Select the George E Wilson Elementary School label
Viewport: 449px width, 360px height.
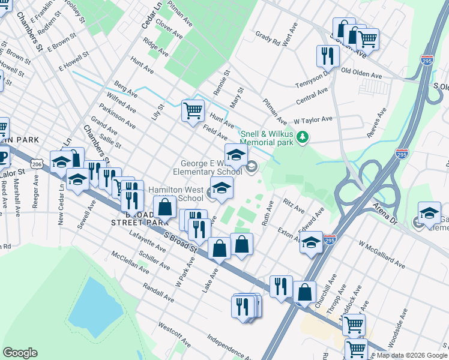212,167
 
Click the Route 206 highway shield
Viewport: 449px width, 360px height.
37,163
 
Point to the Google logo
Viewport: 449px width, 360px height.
20,353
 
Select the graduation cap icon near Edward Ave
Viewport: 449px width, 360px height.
311,243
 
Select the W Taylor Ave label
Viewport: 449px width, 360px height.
313,119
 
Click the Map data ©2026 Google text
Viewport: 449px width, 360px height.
411,355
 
